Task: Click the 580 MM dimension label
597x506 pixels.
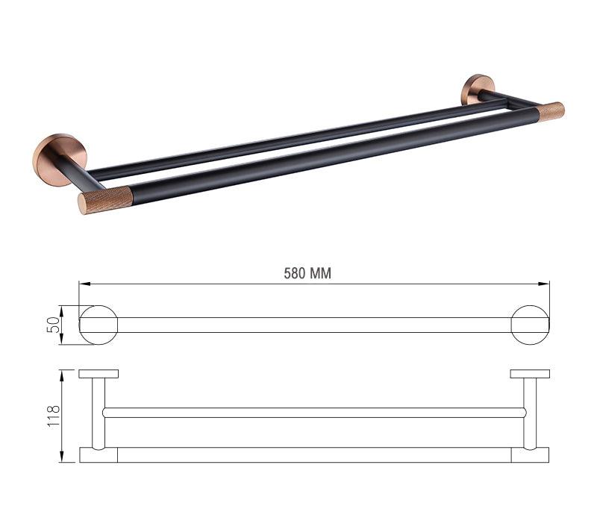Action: pos(307,273)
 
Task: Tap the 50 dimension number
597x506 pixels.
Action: pos(54,325)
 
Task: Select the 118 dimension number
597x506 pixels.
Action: pos(54,416)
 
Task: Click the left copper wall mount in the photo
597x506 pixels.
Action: pos(57,159)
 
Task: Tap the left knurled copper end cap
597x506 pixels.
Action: pos(104,199)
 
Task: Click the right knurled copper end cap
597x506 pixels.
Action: pos(551,110)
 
